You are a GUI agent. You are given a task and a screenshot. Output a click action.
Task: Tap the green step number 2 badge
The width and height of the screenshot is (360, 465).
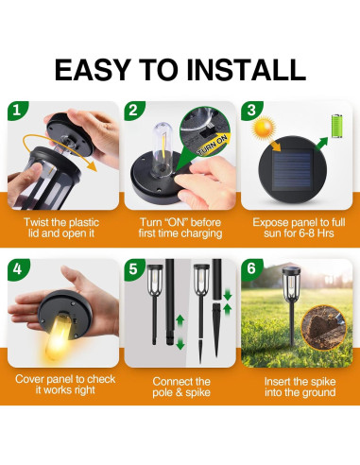[x=135, y=110]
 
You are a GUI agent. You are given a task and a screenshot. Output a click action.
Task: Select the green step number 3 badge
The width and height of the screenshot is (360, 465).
[x=252, y=110]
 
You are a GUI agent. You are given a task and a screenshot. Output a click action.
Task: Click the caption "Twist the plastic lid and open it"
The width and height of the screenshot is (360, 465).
[x=60, y=226]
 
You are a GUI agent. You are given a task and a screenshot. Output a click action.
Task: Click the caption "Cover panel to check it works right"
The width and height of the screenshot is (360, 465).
[x=60, y=385]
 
